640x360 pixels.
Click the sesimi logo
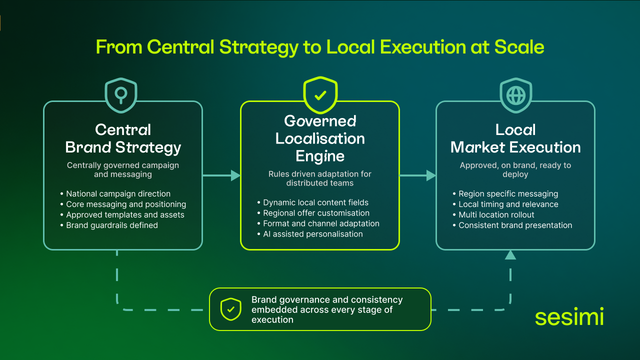tap(569, 317)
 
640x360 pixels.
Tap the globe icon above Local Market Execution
tap(515, 95)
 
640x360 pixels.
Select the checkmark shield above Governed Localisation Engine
tap(320, 94)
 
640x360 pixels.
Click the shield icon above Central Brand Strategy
tap(120, 94)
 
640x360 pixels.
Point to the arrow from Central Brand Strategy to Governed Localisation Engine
tap(221, 175)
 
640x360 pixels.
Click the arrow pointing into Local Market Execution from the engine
tap(418, 175)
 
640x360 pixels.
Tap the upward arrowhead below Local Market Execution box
tap(510, 255)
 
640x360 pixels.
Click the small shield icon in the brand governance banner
tap(230, 309)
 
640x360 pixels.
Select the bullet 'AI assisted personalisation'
tap(313, 234)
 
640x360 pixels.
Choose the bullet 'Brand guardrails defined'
tap(112, 225)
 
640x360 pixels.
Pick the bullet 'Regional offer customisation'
tap(316, 213)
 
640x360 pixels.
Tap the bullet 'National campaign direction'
tap(118, 194)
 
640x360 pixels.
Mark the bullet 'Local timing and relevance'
tap(508, 204)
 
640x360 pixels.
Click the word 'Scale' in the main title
tap(519, 47)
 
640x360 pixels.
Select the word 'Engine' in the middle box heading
tap(320, 156)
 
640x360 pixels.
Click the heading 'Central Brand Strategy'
tap(123, 138)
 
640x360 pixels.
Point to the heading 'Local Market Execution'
tap(515, 138)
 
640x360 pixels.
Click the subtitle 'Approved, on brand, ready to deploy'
tap(515, 169)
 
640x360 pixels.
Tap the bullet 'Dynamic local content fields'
tap(315, 202)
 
